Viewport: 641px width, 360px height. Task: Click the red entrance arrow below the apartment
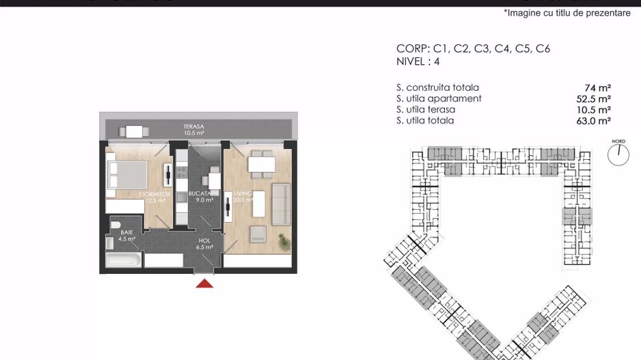[x=204, y=283]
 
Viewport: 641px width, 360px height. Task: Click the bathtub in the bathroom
[x=124, y=261]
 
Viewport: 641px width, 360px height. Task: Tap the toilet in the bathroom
[x=115, y=225]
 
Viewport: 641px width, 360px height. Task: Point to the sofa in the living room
[x=281, y=204]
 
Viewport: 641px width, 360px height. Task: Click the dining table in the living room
[x=261, y=164]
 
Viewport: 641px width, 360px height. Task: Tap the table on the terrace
[x=133, y=131]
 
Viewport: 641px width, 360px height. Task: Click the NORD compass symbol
[x=618, y=153]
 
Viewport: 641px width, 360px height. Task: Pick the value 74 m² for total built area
[x=597, y=87]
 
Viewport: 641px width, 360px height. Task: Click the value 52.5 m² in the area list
[x=594, y=98]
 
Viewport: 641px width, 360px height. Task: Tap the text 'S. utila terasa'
[x=425, y=109]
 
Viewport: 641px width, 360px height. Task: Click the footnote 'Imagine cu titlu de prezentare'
[x=567, y=13]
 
